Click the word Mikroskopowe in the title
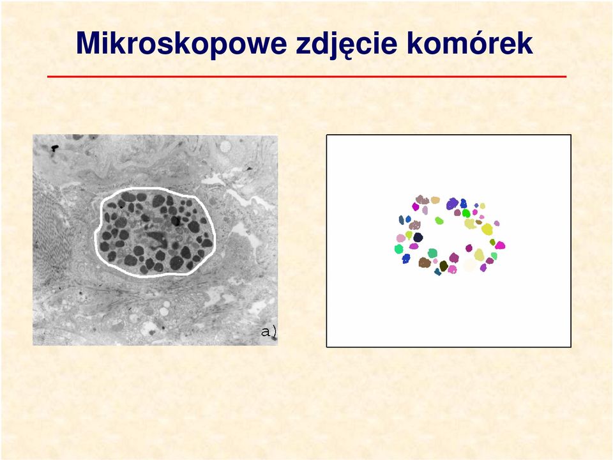(x=181, y=43)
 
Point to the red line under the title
(x=306, y=77)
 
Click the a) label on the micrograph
(x=269, y=332)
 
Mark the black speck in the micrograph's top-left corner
(x=55, y=148)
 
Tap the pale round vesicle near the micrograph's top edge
(x=225, y=147)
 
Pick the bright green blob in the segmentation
(x=466, y=213)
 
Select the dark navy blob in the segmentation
(x=418, y=237)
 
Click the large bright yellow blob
(x=487, y=229)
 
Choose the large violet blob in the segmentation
(x=452, y=203)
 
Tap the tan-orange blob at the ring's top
(x=435, y=200)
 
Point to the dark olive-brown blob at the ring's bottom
(x=443, y=266)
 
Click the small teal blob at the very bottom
(x=437, y=272)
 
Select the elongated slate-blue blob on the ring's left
(x=402, y=220)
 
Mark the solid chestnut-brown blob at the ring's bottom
(x=425, y=263)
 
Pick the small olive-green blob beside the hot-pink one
(x=492, y=242)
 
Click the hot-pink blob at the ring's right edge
(x=499, y=245)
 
